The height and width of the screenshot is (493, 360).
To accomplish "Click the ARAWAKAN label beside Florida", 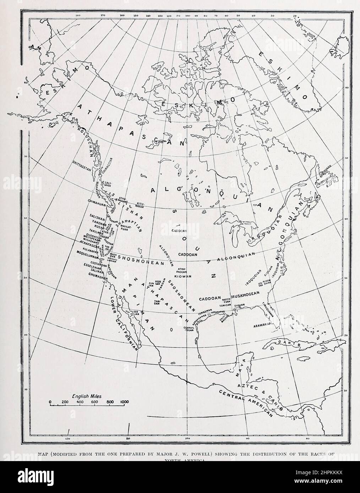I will point(263,325).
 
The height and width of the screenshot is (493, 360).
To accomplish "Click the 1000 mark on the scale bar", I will point(124,402).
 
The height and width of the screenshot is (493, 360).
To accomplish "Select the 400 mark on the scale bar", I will point(80,402).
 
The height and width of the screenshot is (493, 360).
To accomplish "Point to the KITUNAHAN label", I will point(140,205).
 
